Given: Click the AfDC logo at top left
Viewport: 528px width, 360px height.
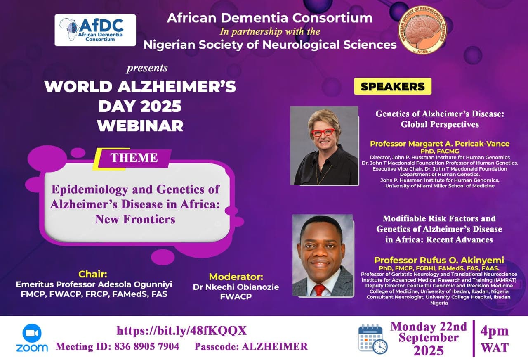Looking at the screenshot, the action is click(95, 30).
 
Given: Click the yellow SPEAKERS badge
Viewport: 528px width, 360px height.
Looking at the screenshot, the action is click(393, 86).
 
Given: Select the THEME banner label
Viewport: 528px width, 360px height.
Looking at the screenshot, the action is click(134, 158).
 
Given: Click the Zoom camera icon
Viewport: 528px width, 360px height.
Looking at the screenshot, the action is click(32, 333).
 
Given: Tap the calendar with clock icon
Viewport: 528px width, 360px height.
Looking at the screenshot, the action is click(372, 339).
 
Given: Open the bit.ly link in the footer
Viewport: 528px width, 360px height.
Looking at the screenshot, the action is click(182, 331).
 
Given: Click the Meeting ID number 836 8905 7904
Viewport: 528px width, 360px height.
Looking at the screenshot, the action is click(146, 346).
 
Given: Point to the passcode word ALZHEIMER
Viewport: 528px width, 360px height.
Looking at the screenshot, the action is click(275, 346).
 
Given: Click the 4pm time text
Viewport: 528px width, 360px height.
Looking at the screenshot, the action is click(495, 331).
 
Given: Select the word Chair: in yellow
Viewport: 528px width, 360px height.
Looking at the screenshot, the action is click(93, 274).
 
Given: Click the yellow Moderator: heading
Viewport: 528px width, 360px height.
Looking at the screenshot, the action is click(236, 277).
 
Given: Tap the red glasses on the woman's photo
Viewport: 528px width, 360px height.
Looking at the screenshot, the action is click(323, 132).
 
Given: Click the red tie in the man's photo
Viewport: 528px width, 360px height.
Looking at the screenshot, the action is click(319, 290).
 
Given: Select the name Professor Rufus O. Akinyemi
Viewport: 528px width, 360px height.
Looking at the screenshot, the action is click(439, 260).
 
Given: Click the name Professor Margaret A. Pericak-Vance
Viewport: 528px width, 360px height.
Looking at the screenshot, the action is click(440, 144).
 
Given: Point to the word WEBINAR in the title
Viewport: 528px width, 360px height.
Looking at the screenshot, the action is click(140, 126).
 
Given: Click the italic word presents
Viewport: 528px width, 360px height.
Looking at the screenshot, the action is click(147, 68).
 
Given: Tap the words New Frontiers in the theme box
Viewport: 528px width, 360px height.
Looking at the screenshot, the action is click(135, 219).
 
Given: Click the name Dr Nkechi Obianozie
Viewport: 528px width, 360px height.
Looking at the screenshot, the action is click(236, 287).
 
